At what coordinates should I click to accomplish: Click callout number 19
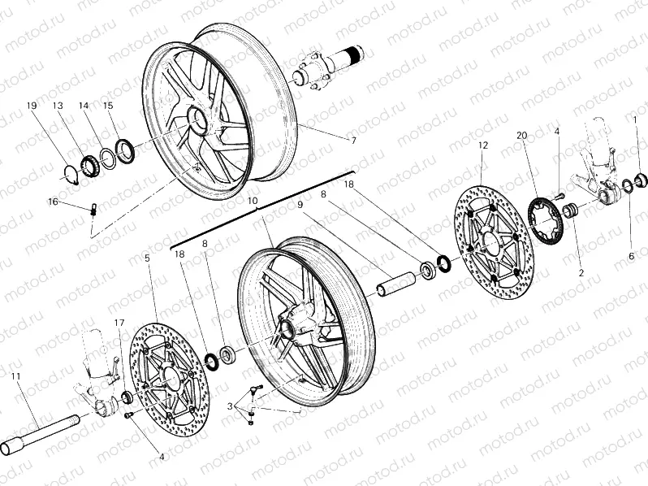coord(32,106)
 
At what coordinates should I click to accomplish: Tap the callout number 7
coord(353,140)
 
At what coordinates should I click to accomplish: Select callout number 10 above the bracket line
coord(253,200)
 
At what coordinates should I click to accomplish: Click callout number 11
coord(15,375)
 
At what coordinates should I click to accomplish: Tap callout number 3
coord(231,405)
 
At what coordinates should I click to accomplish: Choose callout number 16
coord(53,201)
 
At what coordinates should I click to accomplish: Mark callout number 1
coord(635,120)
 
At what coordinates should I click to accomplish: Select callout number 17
coord(119,323)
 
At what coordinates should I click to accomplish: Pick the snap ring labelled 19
coord(71,173)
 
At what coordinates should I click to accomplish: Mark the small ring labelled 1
coord(640,180)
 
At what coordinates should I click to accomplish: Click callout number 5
coord(147,258)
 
